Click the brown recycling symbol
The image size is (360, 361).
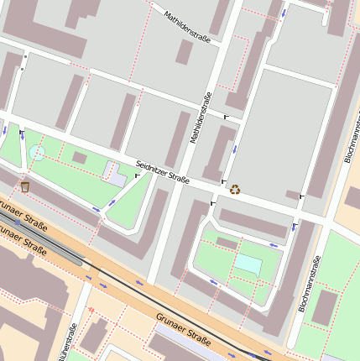tap(235, 189)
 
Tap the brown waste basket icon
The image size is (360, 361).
tap(25, 186)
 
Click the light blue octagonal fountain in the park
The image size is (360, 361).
tap(37, 153)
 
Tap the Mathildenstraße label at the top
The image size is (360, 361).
tap(187, 26)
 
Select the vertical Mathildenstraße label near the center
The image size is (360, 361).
tap(201, 118)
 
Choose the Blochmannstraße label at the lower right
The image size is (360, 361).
tap(309, 285)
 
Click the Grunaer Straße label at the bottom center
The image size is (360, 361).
tap(182, 328)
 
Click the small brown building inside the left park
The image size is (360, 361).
tap(80, 157)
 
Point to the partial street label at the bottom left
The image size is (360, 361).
tap(66, 344)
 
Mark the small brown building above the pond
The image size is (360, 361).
tap(227, 243)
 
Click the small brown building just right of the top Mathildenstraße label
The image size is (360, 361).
tap(184, 51)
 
